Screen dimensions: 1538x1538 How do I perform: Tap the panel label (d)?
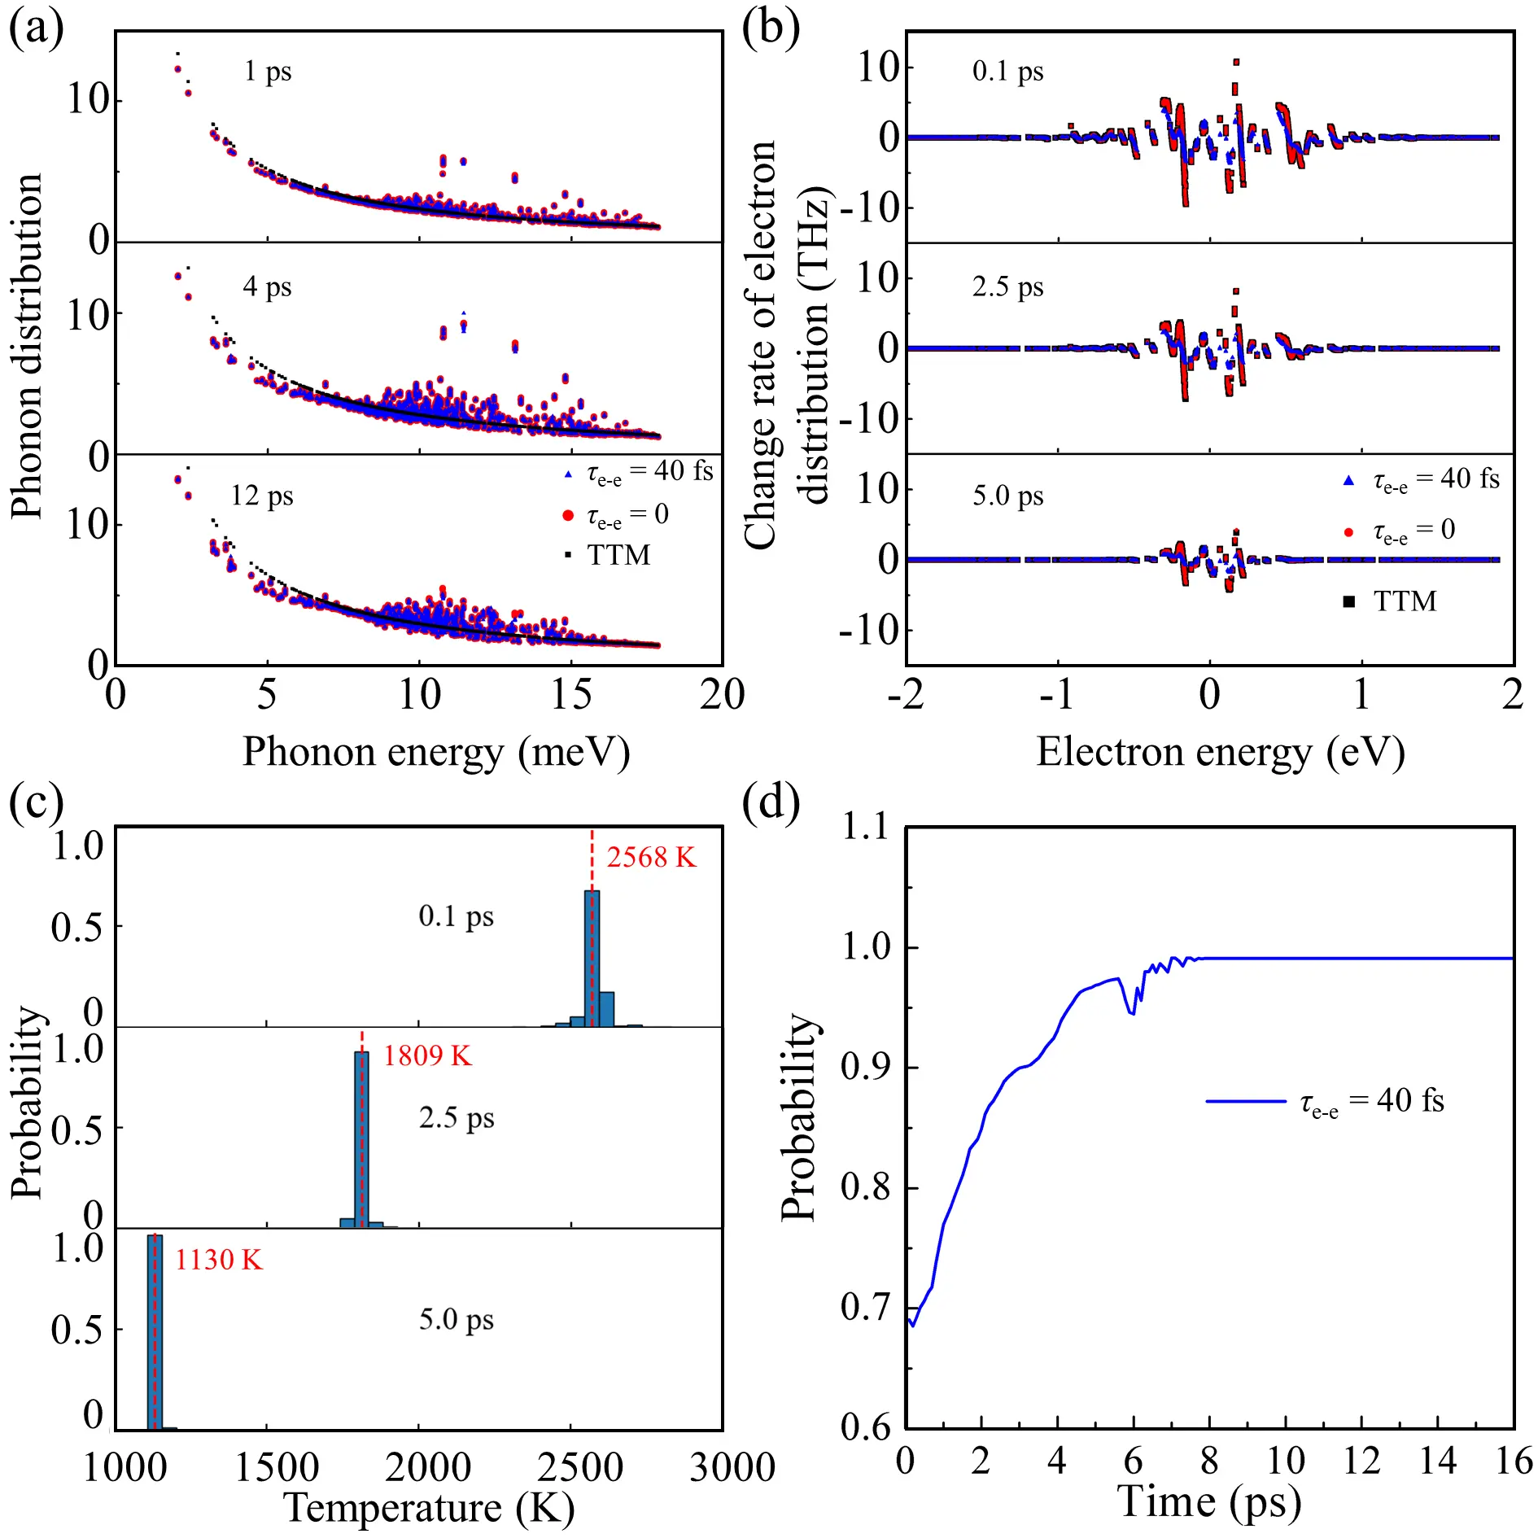(x=771, y=802)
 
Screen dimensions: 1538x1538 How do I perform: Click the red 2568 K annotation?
(x=652, y=858)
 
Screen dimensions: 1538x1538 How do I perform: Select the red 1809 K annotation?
(x=427, y=1056)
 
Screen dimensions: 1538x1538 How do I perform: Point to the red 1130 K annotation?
(x=219, y=1260)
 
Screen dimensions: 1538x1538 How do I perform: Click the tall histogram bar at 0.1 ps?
(x=592, y=958)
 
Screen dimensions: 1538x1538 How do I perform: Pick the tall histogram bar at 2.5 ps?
(x=361, y=1138)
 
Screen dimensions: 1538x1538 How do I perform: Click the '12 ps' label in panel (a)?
(x=261, y=496)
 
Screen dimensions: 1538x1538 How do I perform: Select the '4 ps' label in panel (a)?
(x=267, y=286)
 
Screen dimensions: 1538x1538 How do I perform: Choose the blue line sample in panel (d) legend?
(x=1245, y=1102)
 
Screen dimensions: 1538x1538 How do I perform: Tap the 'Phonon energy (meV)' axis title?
(x=436, y=752)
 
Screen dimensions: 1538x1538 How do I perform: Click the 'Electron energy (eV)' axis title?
(x=1220, y=752)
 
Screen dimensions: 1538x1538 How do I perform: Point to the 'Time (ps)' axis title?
(x=1209, y=1501)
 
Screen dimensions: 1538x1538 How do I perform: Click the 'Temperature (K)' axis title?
(x=429, y=1508)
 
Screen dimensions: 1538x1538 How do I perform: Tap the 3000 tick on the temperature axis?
(x=732, y=1467)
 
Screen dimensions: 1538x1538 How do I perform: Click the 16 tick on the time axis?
(x=1513, y=1461)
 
